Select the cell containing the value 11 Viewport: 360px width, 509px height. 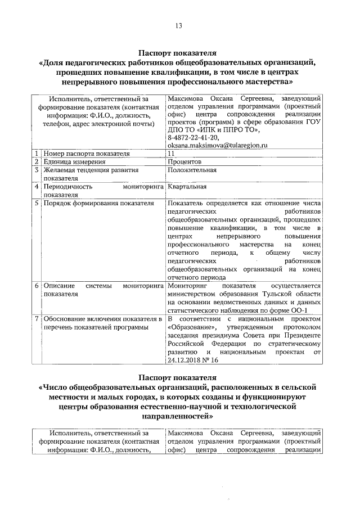coord(171,153)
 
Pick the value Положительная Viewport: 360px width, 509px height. coord(192,169)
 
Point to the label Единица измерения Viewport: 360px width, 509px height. coord(71,161)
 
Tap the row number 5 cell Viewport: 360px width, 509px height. coord(36,202)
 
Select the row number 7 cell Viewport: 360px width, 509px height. coord(36,319)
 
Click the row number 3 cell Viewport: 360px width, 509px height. coord(36,169)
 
